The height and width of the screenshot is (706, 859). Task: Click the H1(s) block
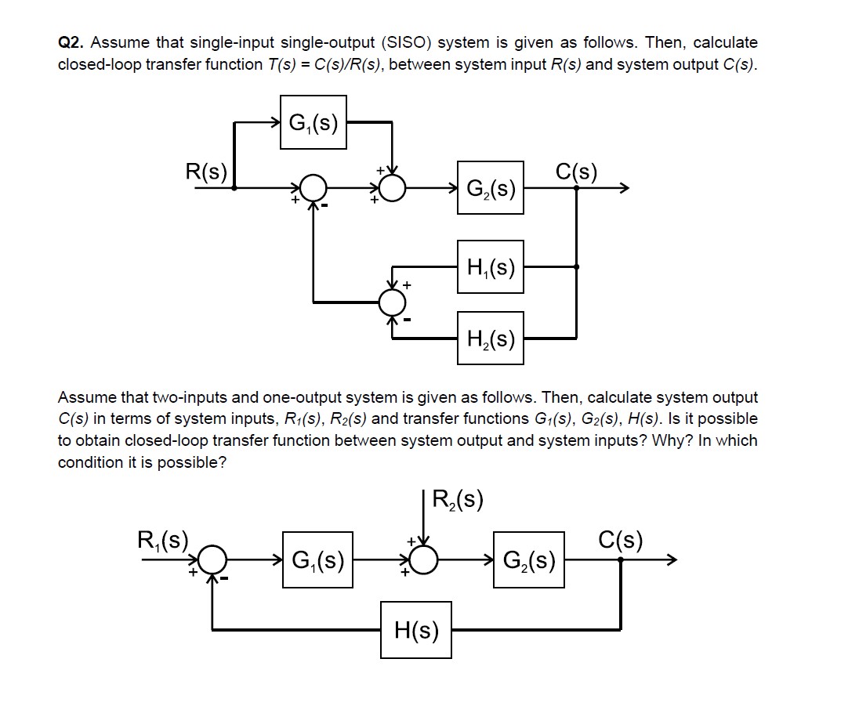coord(491,267)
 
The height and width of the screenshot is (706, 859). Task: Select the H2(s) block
coord(491,339)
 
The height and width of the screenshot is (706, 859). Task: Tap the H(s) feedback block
coord(416,629)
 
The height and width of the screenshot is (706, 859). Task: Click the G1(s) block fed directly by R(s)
coord(314,122)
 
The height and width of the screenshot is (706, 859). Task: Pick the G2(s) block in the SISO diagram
coord(491,188)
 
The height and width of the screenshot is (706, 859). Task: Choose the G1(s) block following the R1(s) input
coord(317,560)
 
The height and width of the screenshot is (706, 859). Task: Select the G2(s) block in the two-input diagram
coord(529,560)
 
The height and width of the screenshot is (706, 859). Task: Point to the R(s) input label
coord(206,172)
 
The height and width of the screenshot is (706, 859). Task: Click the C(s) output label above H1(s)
coord(576,171)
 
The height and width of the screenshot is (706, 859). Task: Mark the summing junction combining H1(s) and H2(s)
coord(392,301)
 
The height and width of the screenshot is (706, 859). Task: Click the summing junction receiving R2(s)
coord(424,560)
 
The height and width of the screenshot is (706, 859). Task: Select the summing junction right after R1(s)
coord(212,560)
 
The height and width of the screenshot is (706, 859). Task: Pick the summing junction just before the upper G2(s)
coord(392,188)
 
